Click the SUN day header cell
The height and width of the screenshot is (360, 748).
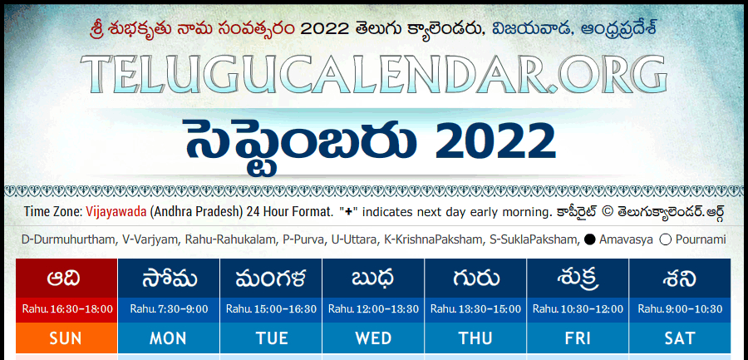pos(66,338)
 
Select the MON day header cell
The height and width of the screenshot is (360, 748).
pos(169,338)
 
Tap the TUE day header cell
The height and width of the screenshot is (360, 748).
pos(271,338)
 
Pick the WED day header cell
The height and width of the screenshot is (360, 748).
pos(373,338)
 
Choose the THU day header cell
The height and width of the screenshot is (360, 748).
pos(475,338)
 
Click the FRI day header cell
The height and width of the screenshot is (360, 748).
pos(578,338)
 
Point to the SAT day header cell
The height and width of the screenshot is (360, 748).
pos(680,338)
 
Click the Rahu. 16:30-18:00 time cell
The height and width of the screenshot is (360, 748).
pos(66,309)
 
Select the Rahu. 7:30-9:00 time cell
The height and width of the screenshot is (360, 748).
pos(169,309)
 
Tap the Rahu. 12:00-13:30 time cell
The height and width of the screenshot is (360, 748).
pos(373,309)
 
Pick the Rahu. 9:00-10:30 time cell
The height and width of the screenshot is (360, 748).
pos(680,309)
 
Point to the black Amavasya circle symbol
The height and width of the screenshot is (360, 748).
pos(589,239)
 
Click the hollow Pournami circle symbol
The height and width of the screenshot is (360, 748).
pos(666,239)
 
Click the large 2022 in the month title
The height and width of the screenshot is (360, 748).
pos(495,142)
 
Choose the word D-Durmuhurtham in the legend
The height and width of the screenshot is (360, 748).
pos(66,239)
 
